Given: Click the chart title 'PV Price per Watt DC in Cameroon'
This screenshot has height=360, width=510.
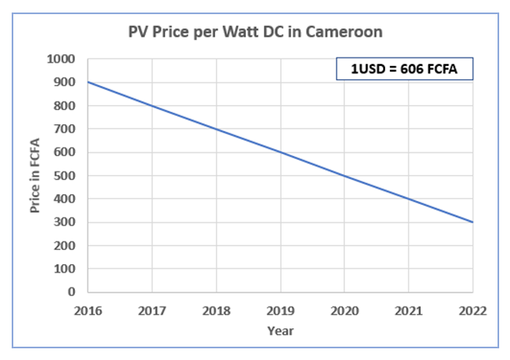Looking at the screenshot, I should tap(256, 33).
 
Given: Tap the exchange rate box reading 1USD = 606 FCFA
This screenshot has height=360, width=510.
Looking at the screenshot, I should tap(404, 68).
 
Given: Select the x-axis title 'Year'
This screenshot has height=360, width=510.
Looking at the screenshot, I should tap(279, 330).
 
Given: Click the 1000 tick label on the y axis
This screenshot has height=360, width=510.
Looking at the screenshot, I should tap(60, 60).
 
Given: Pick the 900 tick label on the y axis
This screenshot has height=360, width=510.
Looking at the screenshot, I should tap(63, 82).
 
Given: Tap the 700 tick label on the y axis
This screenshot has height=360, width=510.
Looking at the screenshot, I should tap(63, 129).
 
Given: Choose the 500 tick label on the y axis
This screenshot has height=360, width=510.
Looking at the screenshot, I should tap(63, 176).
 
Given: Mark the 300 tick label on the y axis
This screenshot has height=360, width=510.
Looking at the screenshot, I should tap(63, 222).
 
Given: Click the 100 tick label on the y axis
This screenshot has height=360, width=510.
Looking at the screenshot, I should tap(63, 269).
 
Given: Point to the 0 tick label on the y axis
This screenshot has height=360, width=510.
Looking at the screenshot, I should tap(72, 292).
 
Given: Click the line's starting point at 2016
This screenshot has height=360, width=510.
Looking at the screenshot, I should tap(87, 82).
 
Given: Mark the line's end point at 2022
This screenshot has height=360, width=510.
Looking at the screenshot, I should tap(472, 222).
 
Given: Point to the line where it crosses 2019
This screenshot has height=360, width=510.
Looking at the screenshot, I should tap(279, 152).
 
